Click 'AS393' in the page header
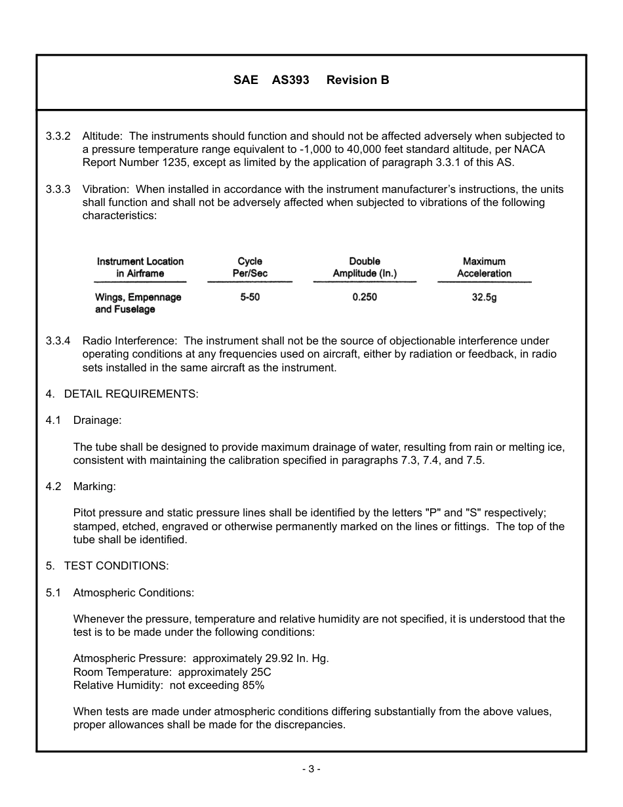click(290, 80)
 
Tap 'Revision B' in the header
click(357, 80)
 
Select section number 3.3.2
click(58, 136)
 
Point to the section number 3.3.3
click(58, 189)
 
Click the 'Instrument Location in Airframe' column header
click(140, 267)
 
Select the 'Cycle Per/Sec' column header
click(250, 267)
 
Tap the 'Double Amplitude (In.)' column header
click(365, 267)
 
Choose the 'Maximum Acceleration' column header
click(484, 267)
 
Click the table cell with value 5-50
click(250, 297)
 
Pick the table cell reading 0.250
click(365, 297)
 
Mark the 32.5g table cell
click(484, 297)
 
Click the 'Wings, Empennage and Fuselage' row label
click(138, 303)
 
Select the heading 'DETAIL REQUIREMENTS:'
click(131, 394)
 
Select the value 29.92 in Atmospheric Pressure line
click(257, 659)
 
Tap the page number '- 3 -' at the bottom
click(311, 769)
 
